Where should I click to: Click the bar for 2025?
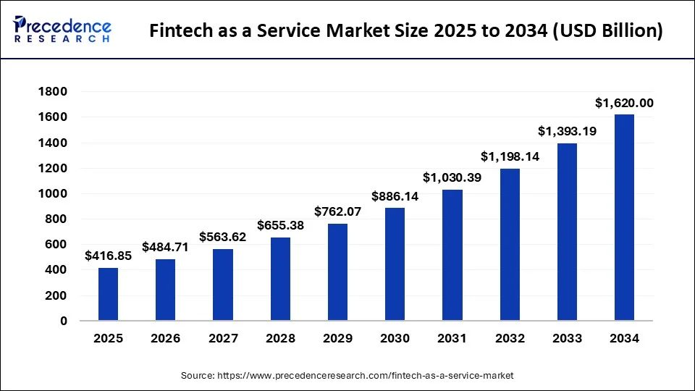[108, 294]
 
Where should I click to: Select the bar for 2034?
[624, 217]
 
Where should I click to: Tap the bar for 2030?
[395, 264]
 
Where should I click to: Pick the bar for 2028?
[280, 279]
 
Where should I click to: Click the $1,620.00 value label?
[624, 104]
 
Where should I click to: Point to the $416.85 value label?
[108, 256]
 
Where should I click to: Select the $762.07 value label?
[337, 212]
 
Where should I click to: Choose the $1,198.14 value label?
[510, 156]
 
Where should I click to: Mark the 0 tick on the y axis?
[63, 321]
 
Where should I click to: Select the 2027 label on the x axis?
[222, 338]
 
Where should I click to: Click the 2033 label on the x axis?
[567, 338]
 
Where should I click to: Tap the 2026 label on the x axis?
[165, 338]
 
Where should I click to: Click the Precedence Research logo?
[62, 29]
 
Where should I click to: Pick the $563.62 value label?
[222, 237]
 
